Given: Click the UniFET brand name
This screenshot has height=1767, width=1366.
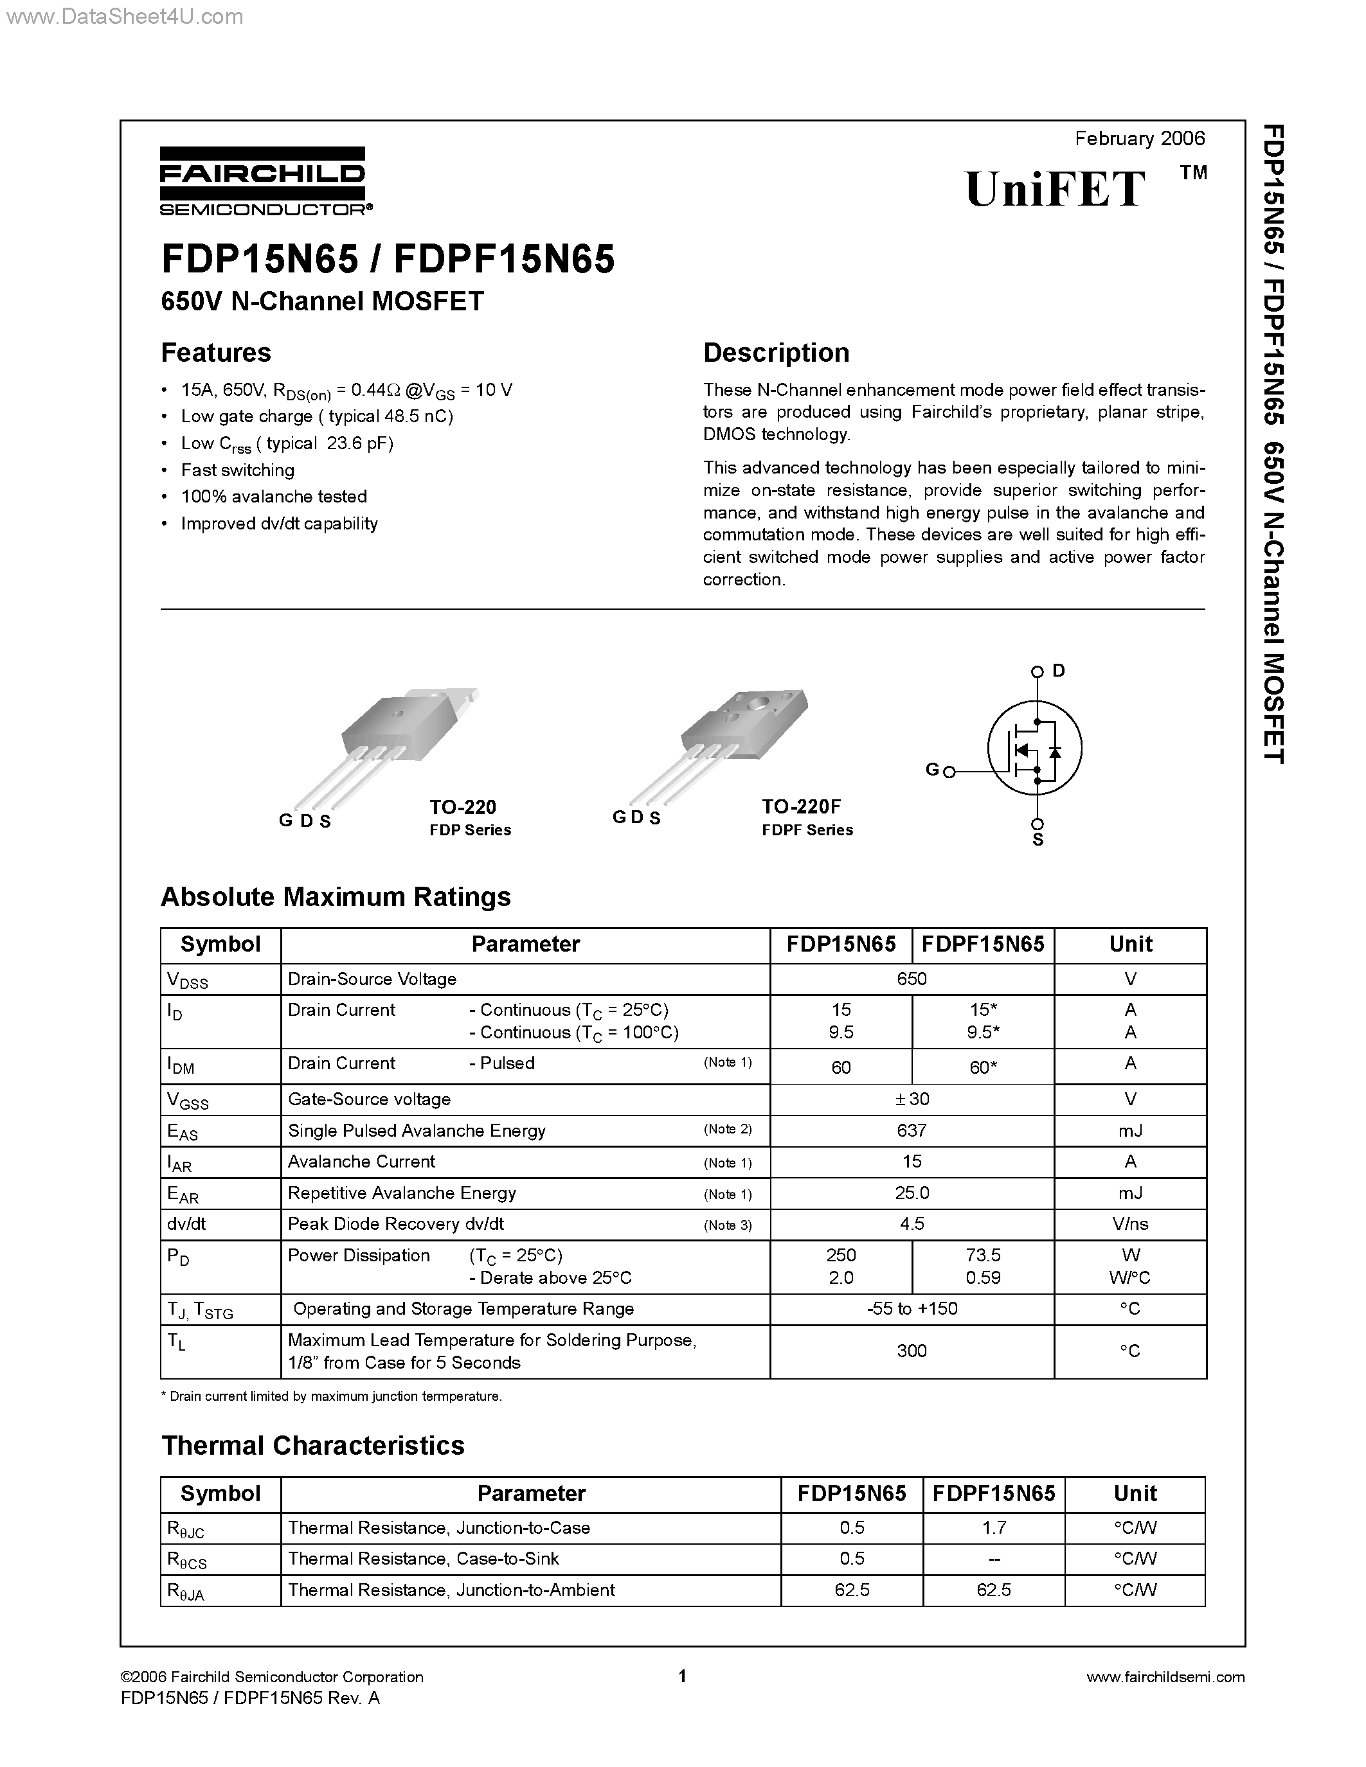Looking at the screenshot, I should point(1056,190).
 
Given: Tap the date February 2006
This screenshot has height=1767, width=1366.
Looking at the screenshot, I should point(1140,138).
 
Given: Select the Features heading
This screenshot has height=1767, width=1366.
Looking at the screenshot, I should point(216,353).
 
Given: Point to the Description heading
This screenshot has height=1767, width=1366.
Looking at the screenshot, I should point(775,353).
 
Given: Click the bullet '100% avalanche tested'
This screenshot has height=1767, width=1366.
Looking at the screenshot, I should point(274,497).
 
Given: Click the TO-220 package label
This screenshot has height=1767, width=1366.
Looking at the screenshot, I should point(462,806).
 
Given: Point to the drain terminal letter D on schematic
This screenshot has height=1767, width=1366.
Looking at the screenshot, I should point(1059,671).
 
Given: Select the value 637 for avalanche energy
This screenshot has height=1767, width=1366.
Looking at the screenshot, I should point(912,1130).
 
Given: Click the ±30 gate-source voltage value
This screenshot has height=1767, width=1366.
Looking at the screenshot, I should point(912,1099).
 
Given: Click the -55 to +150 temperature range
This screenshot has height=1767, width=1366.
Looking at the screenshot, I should point(912,1308).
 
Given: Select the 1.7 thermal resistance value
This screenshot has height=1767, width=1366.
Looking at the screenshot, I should point(993,1527).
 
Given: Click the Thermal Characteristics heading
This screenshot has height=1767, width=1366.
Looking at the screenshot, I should point(312,1446).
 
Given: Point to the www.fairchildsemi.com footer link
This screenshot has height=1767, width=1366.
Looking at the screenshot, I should point(1165,1677).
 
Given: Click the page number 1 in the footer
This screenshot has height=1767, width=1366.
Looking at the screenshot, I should point(682,1676).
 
